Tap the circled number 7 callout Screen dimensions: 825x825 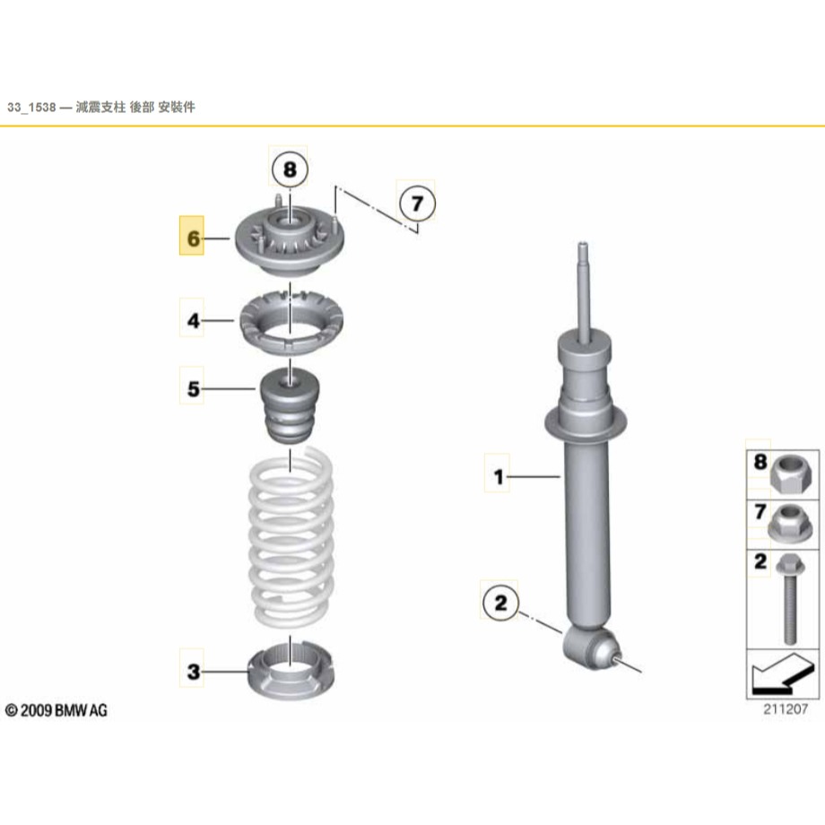coord(416,204)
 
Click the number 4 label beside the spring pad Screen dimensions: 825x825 coord(192,318)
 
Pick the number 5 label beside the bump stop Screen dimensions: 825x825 coord(192,388)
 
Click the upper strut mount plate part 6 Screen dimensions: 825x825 coord(290,242)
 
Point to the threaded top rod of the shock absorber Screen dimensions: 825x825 coord(584,287)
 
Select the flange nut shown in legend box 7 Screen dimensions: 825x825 coord(788,520)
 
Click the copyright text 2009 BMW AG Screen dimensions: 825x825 coord(56,710)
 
